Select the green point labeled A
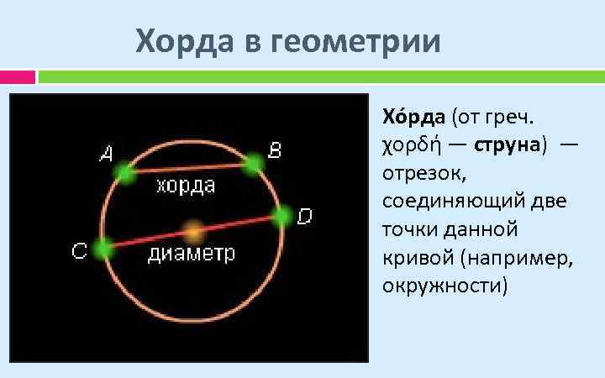point(126,173)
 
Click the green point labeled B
point(253,165)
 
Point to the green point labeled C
point(103,249)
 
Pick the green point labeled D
point(282,216)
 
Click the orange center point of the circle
point(193,231)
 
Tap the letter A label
point(107,154)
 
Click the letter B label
point(275,150)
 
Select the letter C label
point(79,251)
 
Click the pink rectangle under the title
point(18,77)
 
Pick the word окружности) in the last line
point(445,286)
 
